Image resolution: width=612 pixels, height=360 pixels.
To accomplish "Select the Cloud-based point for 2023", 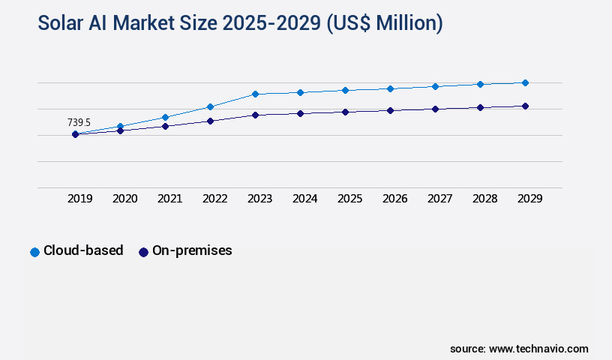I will (255, 94).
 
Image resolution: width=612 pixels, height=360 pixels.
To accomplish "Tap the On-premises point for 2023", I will (255, 115).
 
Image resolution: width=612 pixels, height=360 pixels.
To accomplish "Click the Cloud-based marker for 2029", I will (525, 82).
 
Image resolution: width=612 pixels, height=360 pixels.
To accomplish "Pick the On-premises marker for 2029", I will (525, 106).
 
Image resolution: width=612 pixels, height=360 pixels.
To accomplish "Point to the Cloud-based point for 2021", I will (165, 117).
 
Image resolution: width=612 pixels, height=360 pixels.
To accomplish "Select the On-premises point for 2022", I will (210, 121).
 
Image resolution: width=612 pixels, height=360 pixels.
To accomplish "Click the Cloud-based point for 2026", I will (390, 88).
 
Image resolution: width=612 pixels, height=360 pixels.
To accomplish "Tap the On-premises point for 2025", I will (345, 112).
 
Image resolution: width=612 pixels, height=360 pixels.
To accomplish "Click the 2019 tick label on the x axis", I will (80, 199).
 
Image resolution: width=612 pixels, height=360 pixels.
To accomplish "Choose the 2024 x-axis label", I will (305, 199).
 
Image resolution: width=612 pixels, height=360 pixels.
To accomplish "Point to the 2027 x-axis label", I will (440, 199).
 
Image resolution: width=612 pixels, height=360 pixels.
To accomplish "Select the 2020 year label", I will (125, 199).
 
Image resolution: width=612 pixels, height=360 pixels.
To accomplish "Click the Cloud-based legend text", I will (83, 251).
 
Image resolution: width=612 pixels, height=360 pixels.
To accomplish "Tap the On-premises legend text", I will (192, 251).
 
